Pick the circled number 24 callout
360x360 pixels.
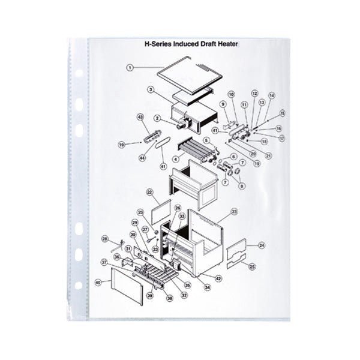261,245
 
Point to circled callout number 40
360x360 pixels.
98,281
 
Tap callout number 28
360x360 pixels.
104,239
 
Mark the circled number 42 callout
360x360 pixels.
218,278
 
